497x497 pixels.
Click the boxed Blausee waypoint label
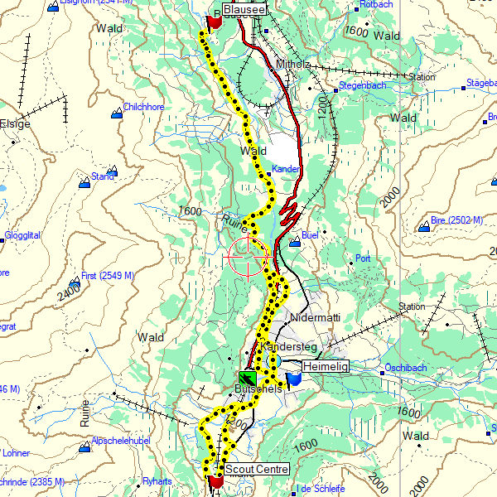coord(244,9)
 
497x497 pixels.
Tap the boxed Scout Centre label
coord(258,469)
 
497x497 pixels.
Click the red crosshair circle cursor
coord(247,256)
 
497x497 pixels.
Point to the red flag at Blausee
coord(213,22)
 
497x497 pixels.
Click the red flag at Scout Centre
coord(216,480)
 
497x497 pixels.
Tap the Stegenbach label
coord(361,84)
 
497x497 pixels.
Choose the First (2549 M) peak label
coord(108,276)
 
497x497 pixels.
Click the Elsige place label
coord(15,123)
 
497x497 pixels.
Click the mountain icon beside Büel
coord(294,242)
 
